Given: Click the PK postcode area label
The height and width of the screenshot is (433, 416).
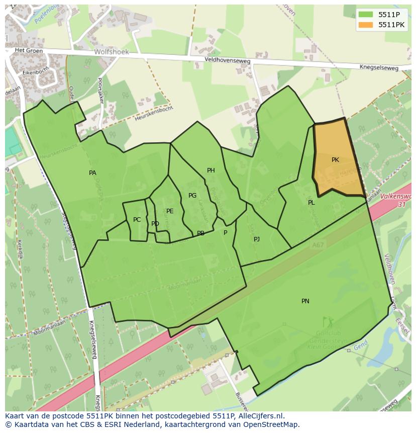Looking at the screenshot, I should point(335,160).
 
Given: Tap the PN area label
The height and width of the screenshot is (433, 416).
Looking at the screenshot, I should point(305,301).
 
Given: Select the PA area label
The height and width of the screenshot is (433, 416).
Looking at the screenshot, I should point(92,173).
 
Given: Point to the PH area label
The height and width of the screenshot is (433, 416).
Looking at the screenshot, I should point(211,170).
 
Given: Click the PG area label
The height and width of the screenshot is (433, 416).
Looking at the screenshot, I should point(192,196).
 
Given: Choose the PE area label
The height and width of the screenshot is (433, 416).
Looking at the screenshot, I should point(170,211).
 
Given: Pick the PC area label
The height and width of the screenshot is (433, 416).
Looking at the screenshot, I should point(137,220).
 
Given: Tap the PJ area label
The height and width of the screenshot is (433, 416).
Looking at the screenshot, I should point(257,239).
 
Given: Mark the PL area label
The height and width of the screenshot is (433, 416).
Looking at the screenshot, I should point(311,203).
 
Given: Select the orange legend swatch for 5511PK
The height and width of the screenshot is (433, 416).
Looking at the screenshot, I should point(366,25).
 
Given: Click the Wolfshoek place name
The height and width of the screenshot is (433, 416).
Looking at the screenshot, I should point(112,52).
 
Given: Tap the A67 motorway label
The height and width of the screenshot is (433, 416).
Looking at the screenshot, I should point(318,245).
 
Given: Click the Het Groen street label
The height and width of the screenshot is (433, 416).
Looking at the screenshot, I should point(27,50).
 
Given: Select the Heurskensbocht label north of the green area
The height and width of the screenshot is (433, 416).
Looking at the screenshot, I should point(154,114).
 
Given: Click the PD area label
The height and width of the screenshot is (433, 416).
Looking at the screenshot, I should point(155,224).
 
